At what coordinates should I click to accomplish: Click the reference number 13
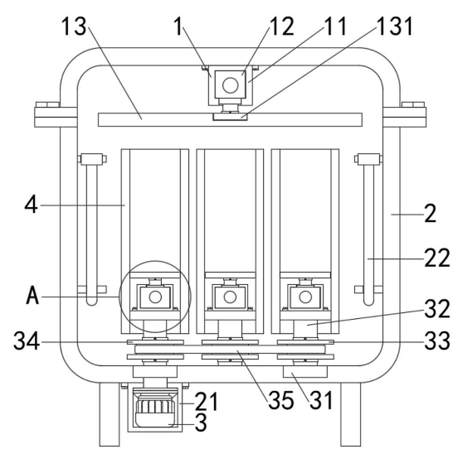pyautogui.click(x=74, y=27)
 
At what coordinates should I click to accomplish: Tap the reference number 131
pyautogui.click(x=395, y=26)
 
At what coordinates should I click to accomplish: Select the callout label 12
pyautogui.click(x=281, y=27)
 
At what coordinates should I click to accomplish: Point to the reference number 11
pyautogui.click(x=335, y=27)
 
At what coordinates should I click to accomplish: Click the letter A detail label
pyautogui.click(x=32, y=295)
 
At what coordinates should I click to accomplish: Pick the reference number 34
pyautogui.click(x=27, y=340)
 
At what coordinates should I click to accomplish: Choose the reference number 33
pyautogui.click(x=437, y=340)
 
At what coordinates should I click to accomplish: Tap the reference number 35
pyautogui.click(x=281, y=400)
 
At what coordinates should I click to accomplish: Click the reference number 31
pyautogui.click(x=321, y=400)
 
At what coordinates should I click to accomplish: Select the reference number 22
pyautogui.click(x=437, y=258)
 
